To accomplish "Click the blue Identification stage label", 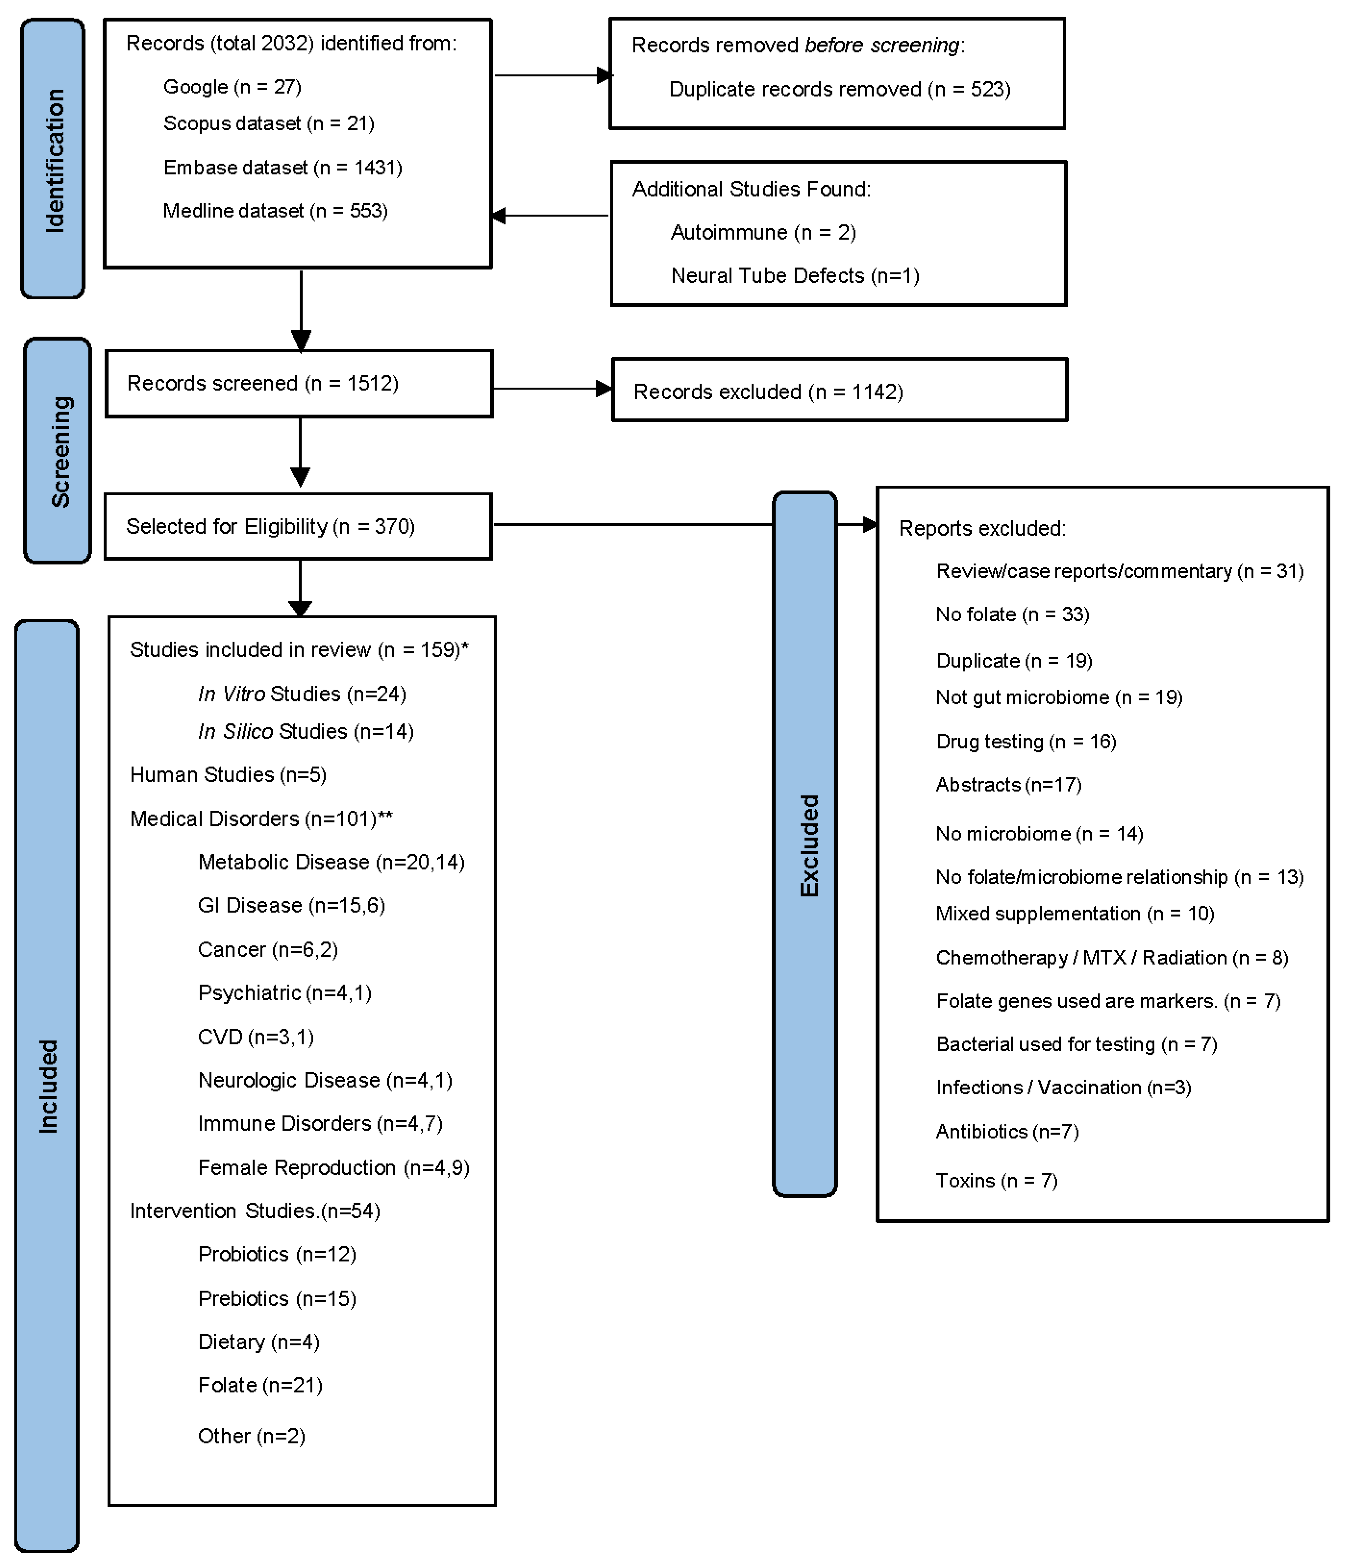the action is pos(52,158).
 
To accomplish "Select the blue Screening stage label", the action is pos(57,450).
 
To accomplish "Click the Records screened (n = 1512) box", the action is pos(299,384).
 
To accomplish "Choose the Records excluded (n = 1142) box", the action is pos(840,390).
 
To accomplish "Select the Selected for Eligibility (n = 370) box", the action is pos(299,526).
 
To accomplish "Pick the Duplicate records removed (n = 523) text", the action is pos(840,89).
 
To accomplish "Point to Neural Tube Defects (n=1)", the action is pos(795,276).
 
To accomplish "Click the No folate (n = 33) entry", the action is pos(1013,614).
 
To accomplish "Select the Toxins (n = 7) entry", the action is pos(997,1180).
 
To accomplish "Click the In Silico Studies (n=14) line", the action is pos(306,731).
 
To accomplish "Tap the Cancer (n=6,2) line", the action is pos(268,949).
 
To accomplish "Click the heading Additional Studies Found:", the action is pos(751,189).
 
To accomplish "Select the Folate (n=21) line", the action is pos(260,1385).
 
